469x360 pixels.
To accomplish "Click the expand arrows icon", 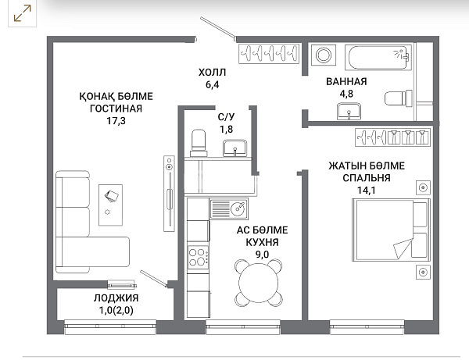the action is click(x=23, y=13).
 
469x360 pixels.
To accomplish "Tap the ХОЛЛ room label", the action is click(x=212, y=73).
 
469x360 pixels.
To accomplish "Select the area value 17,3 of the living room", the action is click(x=116, y=121).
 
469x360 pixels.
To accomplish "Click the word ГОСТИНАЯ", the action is click(x=116, y=109).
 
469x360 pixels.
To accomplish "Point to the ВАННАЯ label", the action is click(x=346, y=81).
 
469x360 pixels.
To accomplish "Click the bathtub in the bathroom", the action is click(x=378, y=57).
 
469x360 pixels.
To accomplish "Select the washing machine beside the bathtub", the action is click(x=324, y=55).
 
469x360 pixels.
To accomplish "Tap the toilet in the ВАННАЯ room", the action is click(x=399, y=98).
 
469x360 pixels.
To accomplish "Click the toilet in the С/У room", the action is click(x=199, y=143).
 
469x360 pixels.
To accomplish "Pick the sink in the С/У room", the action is click(x=234, y=148).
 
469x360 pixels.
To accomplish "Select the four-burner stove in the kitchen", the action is click(x=198, y=257).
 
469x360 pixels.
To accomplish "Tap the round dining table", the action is click(x=259, y=283).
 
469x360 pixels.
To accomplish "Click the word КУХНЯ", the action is click(x=262, y=242).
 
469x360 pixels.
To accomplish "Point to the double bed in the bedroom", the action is click(x=392, y=230).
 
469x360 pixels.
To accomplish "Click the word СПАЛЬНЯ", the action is click(x=367, y=178).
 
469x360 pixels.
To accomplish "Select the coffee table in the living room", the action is click(x=110, y=205).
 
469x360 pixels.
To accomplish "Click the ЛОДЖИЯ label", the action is click(x=116, y=298).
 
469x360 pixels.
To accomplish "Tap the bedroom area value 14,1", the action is click(x=367, y=191).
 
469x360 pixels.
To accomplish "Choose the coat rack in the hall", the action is click(x=269, y=54).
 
